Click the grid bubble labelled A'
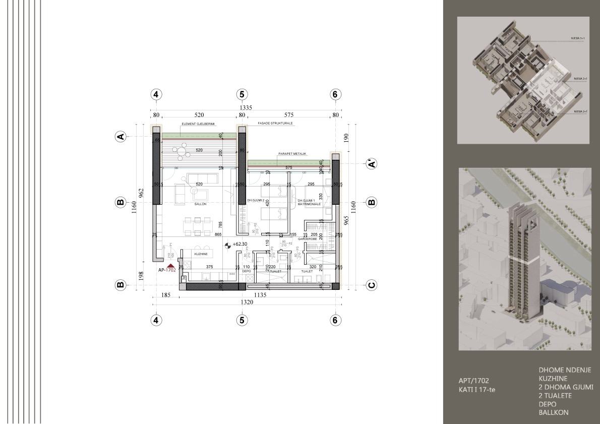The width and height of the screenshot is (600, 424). (x=372, y=163)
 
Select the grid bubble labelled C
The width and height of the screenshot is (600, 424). (x=372, y=285)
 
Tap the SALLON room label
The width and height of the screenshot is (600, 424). (x=189, y=204)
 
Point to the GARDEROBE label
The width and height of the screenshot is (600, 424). (x=307, y=239)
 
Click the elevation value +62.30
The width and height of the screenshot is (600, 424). (x=240, y=245)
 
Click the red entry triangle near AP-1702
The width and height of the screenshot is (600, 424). (x=171, y=265)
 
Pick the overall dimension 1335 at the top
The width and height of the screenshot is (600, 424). (x=246, y=107)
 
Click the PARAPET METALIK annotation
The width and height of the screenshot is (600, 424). (x=292, y=153)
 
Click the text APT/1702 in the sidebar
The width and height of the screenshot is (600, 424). (x=473, y=381)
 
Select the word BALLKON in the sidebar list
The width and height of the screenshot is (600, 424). (x=554, y=412)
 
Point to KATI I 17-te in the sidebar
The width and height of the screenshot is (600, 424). (x=474, y=390)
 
